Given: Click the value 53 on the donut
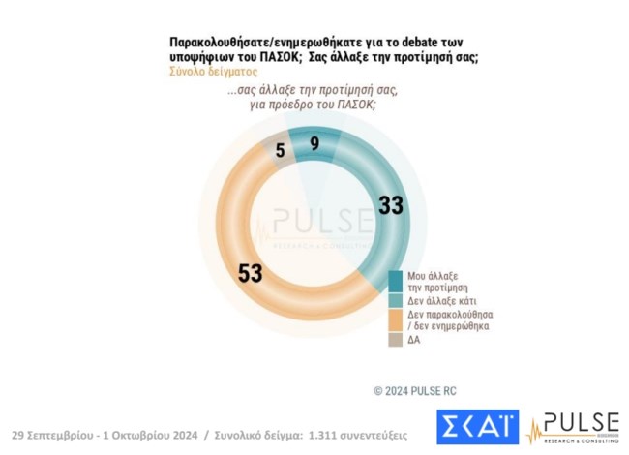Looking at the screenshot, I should click(x=250, y=273).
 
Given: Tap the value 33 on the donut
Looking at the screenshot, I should click(x=390, y=205).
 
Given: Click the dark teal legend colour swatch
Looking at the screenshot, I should click(x=396, y=281).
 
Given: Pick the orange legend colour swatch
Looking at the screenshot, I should click(x=396, y=318).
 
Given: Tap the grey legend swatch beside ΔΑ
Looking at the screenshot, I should click(x=396, y=339).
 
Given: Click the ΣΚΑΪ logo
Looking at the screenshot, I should click(x=477, y=427).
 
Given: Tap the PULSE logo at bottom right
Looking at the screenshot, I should click(x=571, y=427).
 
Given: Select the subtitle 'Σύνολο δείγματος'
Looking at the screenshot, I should click(x=213, y=71).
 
